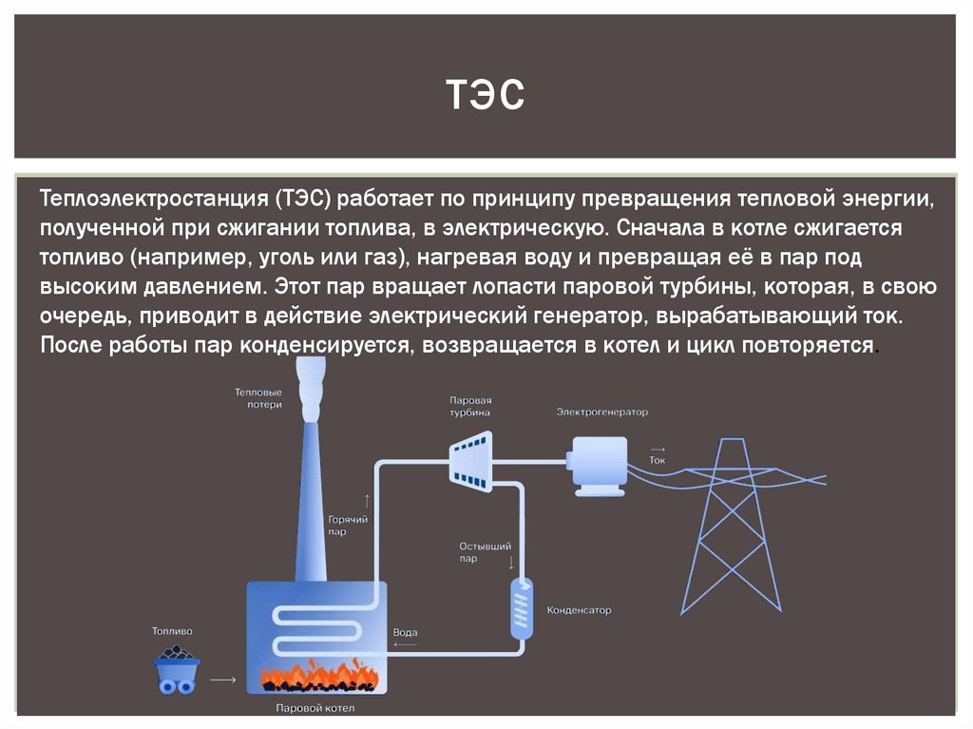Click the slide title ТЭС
tap(485, 95)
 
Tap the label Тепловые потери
tap(258, 397)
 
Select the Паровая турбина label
tap(470, 407)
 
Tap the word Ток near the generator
tap(658, 460)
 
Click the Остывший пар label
tap(486, 552)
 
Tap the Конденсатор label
tap(579, 610)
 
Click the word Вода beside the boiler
tap(405, 633)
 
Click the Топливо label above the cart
tap(172, 630)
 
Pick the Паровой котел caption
tap(315, 708)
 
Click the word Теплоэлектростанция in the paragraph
tap(156, 201)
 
